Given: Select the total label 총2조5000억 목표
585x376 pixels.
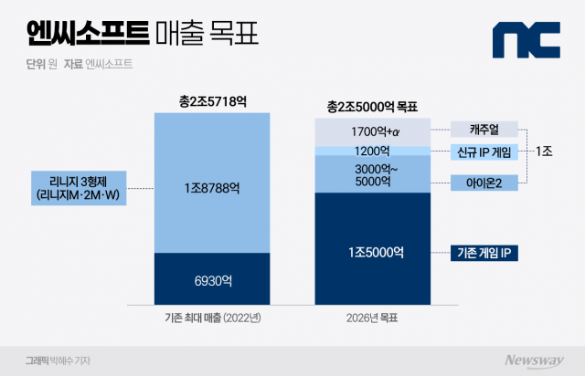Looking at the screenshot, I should tap(372, 107).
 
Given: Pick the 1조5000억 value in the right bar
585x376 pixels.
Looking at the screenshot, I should tap(372, 252).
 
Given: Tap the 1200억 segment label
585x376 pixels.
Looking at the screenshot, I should tap(372, 151).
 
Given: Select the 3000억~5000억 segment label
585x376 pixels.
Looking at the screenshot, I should tap(372, 175).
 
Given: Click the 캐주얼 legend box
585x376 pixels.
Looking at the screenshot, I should tap(484, 129).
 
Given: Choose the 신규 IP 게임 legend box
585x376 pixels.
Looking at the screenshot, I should tap(484, 151).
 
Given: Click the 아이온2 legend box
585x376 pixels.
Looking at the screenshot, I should tap(484, 183).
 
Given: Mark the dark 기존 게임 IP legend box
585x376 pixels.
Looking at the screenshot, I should tap(484, 252).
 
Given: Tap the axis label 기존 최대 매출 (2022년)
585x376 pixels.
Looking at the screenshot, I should tap(212, 318).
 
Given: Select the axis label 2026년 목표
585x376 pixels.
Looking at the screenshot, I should tap(372, 318).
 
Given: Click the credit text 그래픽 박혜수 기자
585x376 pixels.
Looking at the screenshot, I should tap(57, 360).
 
